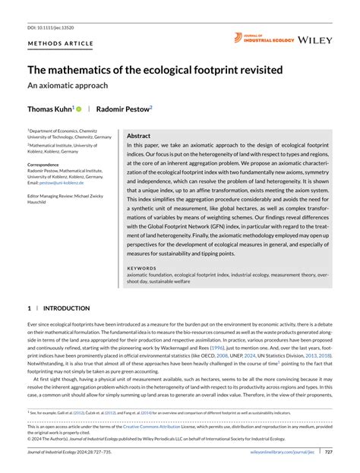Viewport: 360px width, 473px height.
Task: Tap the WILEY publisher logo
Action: [315, 39]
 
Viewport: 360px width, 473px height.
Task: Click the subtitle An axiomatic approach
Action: [68, 86]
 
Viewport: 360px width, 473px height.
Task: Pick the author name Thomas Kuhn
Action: [50, 109]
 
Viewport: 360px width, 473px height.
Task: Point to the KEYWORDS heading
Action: [142, 268]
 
